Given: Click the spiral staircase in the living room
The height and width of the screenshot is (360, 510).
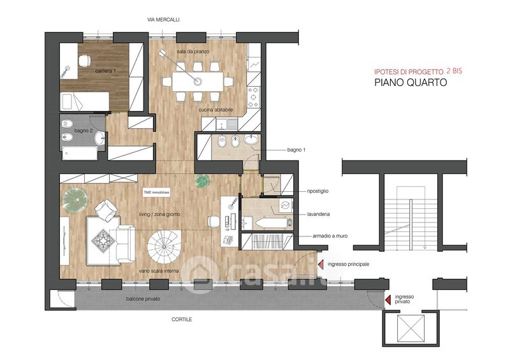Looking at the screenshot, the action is (164, 247).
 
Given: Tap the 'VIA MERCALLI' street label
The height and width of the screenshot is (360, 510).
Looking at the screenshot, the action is (163, 20).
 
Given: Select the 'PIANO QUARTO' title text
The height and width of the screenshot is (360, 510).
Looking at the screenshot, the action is (411, 82).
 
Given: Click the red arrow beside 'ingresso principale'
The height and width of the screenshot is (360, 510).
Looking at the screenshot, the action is (321, 264).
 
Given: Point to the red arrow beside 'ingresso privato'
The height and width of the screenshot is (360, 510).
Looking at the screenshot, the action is (388, 300).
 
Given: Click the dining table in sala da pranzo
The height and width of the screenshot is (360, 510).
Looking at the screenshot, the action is (198, 82).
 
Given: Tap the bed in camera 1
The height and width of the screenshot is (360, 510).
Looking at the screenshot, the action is (85, 101).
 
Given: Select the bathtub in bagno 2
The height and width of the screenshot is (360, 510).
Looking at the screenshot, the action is (80, 154).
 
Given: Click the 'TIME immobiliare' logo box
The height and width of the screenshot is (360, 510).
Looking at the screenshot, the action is (156, 192).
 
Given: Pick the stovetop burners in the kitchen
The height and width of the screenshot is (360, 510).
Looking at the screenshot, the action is (253, 97).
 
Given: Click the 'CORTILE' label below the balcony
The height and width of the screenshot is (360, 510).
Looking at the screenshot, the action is (182, 319).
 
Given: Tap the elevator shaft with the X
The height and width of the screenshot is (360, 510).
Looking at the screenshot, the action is (411, 328).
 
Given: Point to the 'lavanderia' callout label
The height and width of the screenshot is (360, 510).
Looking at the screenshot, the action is (318, 214).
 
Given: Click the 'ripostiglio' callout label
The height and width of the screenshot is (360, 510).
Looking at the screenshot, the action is (317, 191).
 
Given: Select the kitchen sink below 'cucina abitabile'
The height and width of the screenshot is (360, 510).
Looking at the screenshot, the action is (227, 124).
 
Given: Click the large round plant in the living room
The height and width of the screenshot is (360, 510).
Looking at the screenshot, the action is (75, 200).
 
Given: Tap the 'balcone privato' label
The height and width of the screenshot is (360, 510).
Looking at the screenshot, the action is (143, 299).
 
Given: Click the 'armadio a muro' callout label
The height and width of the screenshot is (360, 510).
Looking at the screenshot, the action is (330, 236).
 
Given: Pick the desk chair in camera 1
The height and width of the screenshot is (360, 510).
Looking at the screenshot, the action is (85, 61).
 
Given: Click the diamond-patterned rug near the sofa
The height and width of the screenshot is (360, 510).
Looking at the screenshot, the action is (103, 241).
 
